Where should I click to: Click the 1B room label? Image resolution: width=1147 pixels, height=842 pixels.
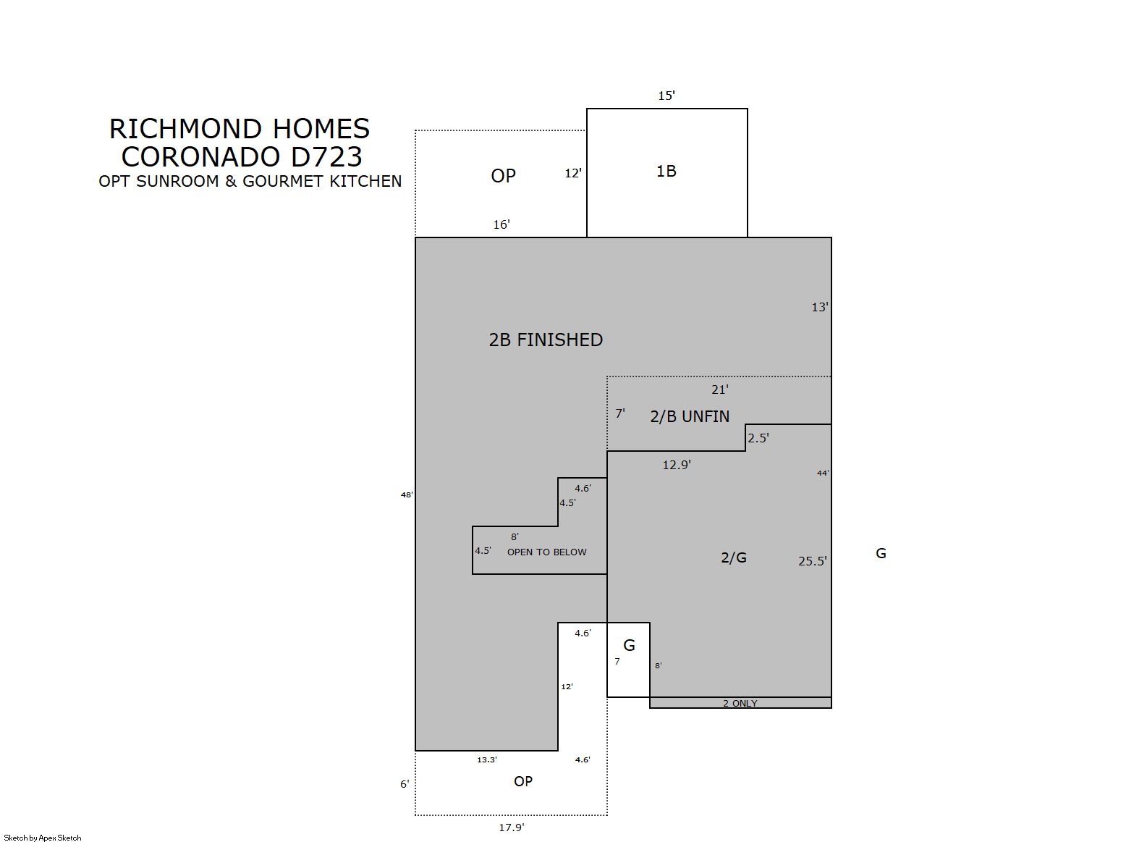[666, 171]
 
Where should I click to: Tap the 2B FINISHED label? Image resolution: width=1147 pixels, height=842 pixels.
[546, 340]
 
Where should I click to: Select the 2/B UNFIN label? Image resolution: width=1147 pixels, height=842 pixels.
[690, 416]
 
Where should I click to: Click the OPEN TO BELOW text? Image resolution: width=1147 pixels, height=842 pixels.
[547, 552]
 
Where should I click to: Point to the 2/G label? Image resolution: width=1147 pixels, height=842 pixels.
[734, 557]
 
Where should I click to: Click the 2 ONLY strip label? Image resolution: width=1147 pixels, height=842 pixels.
[740, 703]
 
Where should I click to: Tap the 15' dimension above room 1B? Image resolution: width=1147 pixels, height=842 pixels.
[666, 96]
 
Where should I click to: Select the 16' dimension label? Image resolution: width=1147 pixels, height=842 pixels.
[501, 224]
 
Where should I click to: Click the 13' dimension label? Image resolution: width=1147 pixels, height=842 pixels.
[820, 307]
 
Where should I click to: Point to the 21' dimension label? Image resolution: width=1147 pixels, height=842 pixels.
[720, 390]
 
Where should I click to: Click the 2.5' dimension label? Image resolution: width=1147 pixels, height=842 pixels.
[758, 438]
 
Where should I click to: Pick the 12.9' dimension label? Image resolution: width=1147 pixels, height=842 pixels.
[677, 465]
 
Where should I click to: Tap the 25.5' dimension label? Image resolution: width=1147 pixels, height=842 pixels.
[813, 561]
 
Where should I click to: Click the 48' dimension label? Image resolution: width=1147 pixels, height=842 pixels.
[407, 494]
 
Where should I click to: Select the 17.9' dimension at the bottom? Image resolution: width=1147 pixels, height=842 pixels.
[512, 828]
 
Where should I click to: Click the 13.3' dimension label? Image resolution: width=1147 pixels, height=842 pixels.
[487, 759]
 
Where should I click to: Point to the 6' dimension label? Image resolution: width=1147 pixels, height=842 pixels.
[405, 784]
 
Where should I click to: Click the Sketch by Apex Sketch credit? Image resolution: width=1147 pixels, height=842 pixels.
[43, 838]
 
